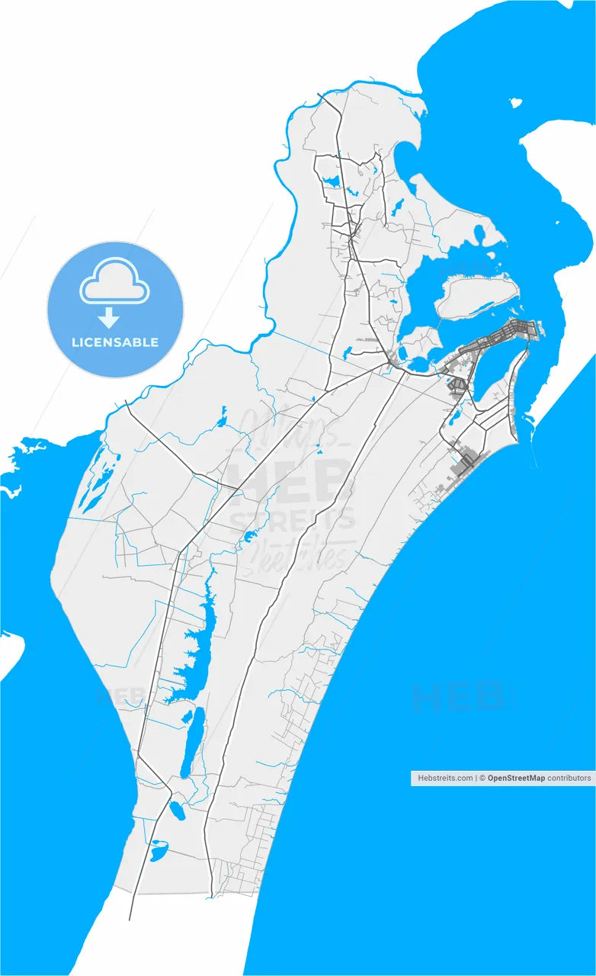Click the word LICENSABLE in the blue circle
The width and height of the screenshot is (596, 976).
(x=115, y=342)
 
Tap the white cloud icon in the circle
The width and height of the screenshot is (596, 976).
(x=115, y=283)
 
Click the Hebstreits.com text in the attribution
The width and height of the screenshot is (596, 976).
(x=444, y=779)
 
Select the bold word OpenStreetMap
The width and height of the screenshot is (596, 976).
(x=516, y=779)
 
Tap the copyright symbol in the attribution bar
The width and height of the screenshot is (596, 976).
(x=482, y=779)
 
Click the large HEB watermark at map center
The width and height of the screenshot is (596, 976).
(x=292, y=481)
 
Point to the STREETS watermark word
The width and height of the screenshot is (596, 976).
(x=293, y=520)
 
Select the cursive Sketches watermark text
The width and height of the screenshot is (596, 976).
(x=305, y=555)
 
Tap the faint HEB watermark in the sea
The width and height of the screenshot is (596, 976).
(x=457, y=695)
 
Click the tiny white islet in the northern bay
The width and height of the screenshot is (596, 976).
(x=516, y=102)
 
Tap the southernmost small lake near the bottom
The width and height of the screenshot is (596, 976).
(x=159, y=849)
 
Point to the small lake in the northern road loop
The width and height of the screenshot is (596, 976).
(x=332, y=182)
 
